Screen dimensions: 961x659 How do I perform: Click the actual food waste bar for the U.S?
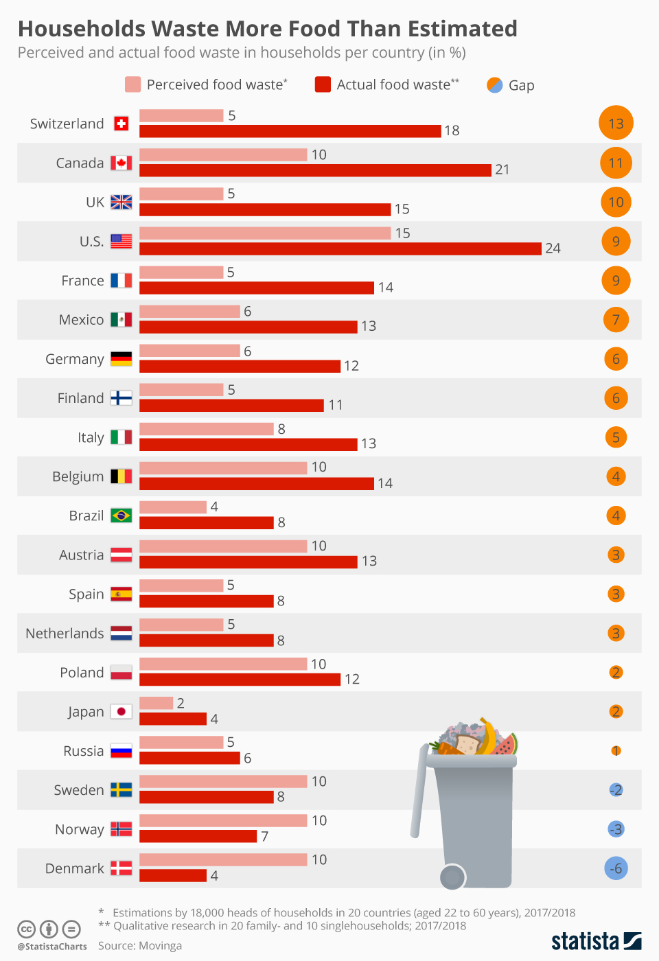tap(340, 248)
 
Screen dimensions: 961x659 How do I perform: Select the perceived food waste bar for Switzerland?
tap(181, 115)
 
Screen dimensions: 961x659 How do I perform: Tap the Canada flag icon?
tap(122, 163)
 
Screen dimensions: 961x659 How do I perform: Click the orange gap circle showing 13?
tap(616, 124)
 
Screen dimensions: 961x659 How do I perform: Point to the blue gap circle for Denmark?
tap(616, 868)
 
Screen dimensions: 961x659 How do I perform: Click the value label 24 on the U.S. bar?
tap(553, 248)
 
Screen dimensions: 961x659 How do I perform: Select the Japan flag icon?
tap(122, 712)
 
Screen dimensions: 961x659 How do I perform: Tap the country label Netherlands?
tap(65, 634)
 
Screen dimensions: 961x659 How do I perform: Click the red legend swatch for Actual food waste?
tap(323, 84)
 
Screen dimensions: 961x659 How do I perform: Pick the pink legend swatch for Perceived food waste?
tap(132, 84)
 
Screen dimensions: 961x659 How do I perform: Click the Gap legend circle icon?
tap(494, 85)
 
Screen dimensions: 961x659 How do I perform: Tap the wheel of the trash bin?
tap(452, 877)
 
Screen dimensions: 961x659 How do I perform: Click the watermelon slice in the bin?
tap(507, 745)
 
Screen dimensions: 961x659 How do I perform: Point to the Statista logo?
tap(596, 940)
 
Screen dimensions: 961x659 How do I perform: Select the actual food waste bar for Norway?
tap(198, 836)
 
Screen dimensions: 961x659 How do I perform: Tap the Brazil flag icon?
tap(122, 516)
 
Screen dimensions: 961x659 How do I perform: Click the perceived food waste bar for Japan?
tap(156, 703)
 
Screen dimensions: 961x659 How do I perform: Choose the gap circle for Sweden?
tap(616, 790)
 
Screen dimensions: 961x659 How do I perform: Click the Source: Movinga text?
tap(140, 946)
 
